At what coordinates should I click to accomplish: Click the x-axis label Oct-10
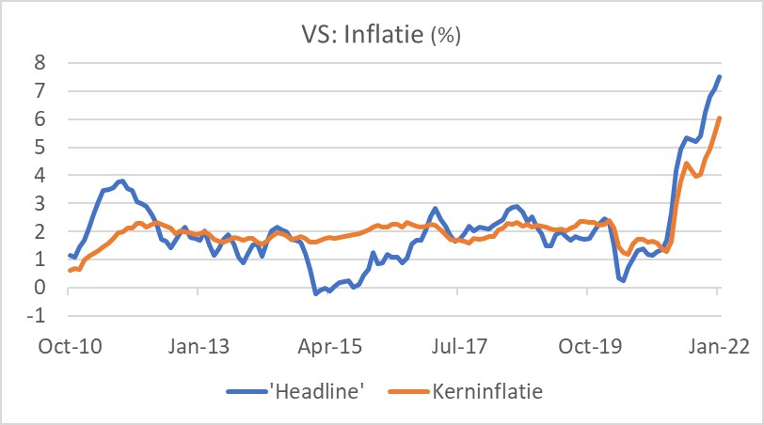(x=69, y=346)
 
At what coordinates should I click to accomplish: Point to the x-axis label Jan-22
(x=718, y=346)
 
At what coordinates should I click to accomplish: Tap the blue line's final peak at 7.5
(x=720, y=77)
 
